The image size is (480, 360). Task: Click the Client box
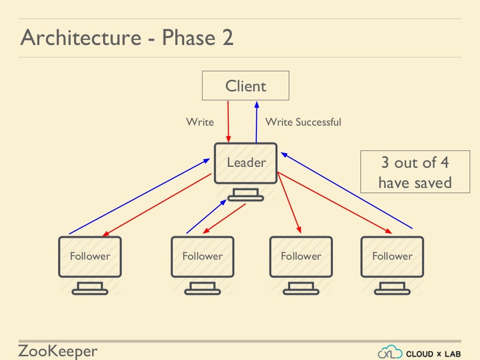[245, 86]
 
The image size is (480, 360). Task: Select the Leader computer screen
[246, 163]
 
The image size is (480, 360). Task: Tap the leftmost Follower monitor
[90, 256]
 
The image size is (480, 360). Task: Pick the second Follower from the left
[202, 256]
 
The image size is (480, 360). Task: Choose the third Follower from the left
[301, 256]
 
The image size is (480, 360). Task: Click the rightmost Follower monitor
[392, 256]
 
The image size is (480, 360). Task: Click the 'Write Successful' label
[303, 122]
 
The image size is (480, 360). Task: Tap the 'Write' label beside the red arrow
[200, 122]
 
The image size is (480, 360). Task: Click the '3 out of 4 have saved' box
[415, 172]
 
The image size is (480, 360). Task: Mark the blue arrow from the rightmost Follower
[347, 190]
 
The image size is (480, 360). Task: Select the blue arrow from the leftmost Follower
[139, 196]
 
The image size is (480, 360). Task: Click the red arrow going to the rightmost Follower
[335, 202]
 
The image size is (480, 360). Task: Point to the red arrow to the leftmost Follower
[157, 205]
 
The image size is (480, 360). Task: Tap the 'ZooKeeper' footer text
[58, 351]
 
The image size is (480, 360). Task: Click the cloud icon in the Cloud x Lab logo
[390, 352]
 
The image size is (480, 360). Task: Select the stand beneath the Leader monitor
[246, 195]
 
